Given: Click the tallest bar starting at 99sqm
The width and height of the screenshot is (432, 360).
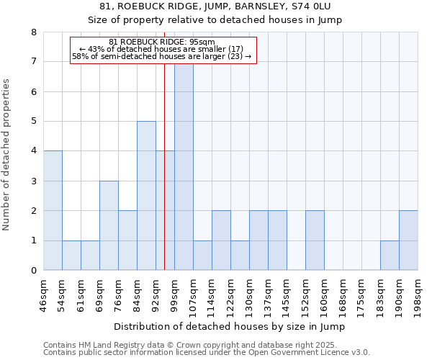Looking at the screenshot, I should (184, 166).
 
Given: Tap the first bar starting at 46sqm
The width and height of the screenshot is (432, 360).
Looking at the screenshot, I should (53, 210).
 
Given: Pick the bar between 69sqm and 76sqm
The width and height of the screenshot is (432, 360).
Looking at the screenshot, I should (109, 225).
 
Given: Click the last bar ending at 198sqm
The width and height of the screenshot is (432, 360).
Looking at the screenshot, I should (408, 240).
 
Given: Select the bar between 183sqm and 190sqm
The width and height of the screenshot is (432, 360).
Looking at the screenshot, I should (390, 256).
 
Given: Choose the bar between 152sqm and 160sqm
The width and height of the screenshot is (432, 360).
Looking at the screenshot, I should (315, 240).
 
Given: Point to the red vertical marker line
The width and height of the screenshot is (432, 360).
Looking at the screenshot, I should (165, 180).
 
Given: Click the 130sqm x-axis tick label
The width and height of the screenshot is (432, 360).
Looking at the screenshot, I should (250, 295).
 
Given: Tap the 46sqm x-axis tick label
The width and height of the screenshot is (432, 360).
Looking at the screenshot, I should (44, 295).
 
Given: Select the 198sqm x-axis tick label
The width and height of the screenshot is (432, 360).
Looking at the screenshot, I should (418, 295).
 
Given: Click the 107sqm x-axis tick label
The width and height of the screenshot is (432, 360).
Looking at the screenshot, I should (194, 295).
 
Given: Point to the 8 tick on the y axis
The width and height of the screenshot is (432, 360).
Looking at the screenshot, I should (33, 32).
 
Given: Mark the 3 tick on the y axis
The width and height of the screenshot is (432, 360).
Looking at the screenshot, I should (33, 181).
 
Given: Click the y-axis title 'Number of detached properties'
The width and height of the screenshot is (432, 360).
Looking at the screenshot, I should (7, 155).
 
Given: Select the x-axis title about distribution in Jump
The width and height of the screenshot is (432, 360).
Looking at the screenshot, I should (230, 327).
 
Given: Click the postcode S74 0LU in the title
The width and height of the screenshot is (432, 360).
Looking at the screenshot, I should (310, 6).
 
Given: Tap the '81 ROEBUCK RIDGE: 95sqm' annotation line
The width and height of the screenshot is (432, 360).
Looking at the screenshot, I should (162, 42).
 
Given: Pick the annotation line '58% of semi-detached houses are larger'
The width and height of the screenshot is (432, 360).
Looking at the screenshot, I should (162, 56).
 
